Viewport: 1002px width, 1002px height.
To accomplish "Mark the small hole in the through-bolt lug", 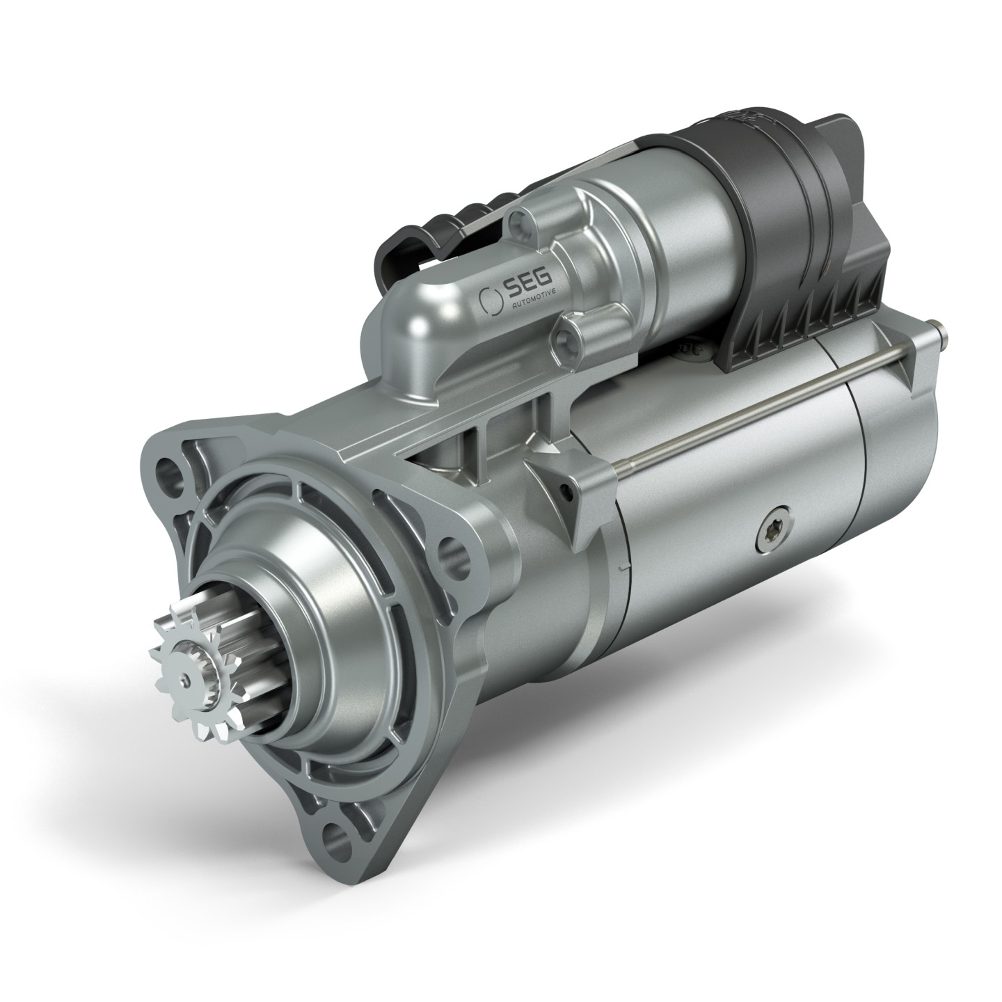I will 571,494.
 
